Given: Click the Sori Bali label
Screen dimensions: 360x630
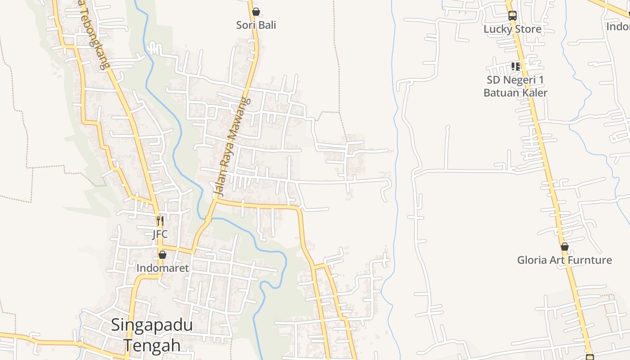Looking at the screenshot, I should [x=256, y=25].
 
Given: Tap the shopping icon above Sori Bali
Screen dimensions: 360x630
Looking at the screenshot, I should [x=256, y=12].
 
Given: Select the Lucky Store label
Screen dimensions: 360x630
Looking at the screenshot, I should [x=512, y=29].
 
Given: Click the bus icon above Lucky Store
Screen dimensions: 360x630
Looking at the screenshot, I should [x=512, y=16].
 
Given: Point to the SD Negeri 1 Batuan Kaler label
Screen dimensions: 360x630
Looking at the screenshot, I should [x=515, y=86].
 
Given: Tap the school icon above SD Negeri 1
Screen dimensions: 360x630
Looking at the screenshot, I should [x=516, y=67].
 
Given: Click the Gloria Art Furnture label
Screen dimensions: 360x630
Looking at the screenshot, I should [x=564, y=260].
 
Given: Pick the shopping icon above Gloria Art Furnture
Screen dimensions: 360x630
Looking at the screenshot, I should [x=565, y=247].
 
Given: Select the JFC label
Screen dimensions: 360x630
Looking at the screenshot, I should [x=160, y=234].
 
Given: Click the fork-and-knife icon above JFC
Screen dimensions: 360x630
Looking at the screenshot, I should [x=160, y=221].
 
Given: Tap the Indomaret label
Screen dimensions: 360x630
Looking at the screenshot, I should [x=162, y=268].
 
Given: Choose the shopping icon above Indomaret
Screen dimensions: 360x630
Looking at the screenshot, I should [x=162, y=255].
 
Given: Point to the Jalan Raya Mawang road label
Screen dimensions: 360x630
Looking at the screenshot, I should [x=231, y=147].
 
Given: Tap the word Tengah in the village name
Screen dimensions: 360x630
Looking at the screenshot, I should [x=152, y=345].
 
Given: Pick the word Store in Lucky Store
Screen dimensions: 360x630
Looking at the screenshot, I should [x=527, y=29].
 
